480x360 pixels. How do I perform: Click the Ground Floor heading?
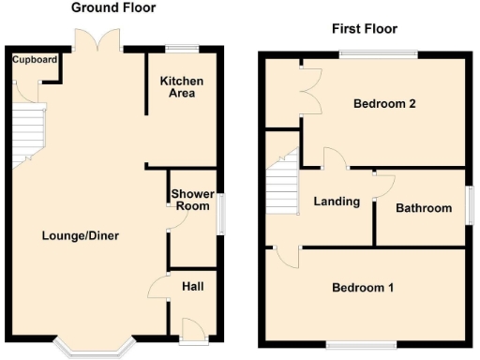tap(113, 7)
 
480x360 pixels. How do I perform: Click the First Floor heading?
tap(366, 29)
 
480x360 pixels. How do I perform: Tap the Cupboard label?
tap(35, 61)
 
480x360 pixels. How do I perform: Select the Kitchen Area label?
tap(181, 87)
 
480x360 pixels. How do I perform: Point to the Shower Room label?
tap(192, 200)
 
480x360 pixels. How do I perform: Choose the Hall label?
tap(193, 286)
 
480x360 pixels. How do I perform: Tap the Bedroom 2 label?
tap(384, 104)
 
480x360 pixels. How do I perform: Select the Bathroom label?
tap(423, 208)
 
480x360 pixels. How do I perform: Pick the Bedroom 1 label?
tap(363, 288)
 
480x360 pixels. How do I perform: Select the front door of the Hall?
tap(194, 328)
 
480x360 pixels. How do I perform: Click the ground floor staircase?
tap(28, 131)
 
